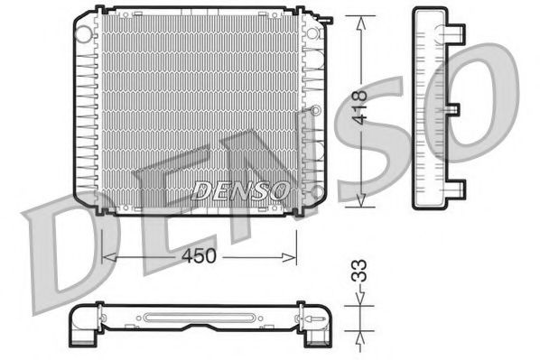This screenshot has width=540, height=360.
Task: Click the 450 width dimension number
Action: click(x=199, y=256)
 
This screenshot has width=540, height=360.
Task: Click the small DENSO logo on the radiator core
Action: click(x=241, y=190)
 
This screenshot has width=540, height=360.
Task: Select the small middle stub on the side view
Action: click(x=454, y=109)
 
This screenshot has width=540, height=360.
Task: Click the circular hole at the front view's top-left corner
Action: click(x=84, y=33)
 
